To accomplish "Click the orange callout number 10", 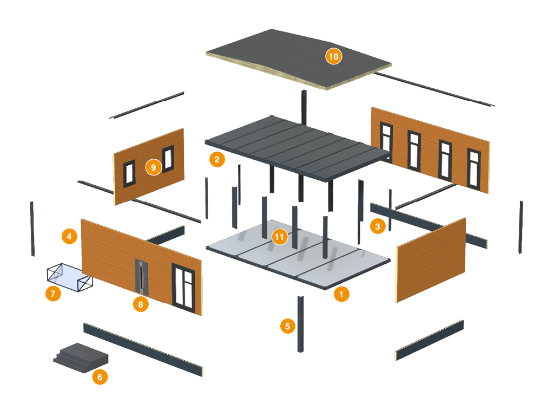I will coord(333,56).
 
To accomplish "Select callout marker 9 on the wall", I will coord(154,167).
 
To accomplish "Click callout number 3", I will coord(377,226).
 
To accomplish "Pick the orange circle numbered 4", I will coord(69,236).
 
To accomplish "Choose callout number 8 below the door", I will coord(141,304).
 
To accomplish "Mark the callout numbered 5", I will coord(288,326).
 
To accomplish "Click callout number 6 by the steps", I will coord(100,376).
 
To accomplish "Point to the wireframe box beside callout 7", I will coord(69,277).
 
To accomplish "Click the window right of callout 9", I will coord(168,159).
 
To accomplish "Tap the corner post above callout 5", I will coord(301,323).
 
